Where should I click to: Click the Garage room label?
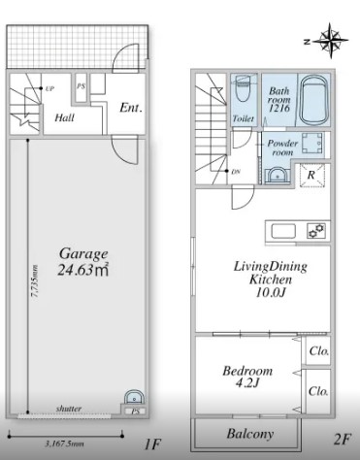83,254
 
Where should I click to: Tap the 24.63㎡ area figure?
83,270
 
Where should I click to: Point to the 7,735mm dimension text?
34,280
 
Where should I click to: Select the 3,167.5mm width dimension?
64,444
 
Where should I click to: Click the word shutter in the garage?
69,409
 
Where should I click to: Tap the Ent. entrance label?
131,108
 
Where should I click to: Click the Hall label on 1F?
64,117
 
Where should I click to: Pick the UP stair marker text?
49,88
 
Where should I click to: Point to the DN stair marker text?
236,172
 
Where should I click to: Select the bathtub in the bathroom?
313,100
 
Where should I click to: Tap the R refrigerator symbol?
311,175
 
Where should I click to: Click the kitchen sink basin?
283,231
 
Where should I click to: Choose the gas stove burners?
316,231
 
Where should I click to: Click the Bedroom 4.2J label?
247,377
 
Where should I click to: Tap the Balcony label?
250,434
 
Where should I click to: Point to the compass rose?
330,41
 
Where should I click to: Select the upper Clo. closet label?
319,351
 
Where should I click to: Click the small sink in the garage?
134,397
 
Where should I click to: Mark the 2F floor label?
342,439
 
